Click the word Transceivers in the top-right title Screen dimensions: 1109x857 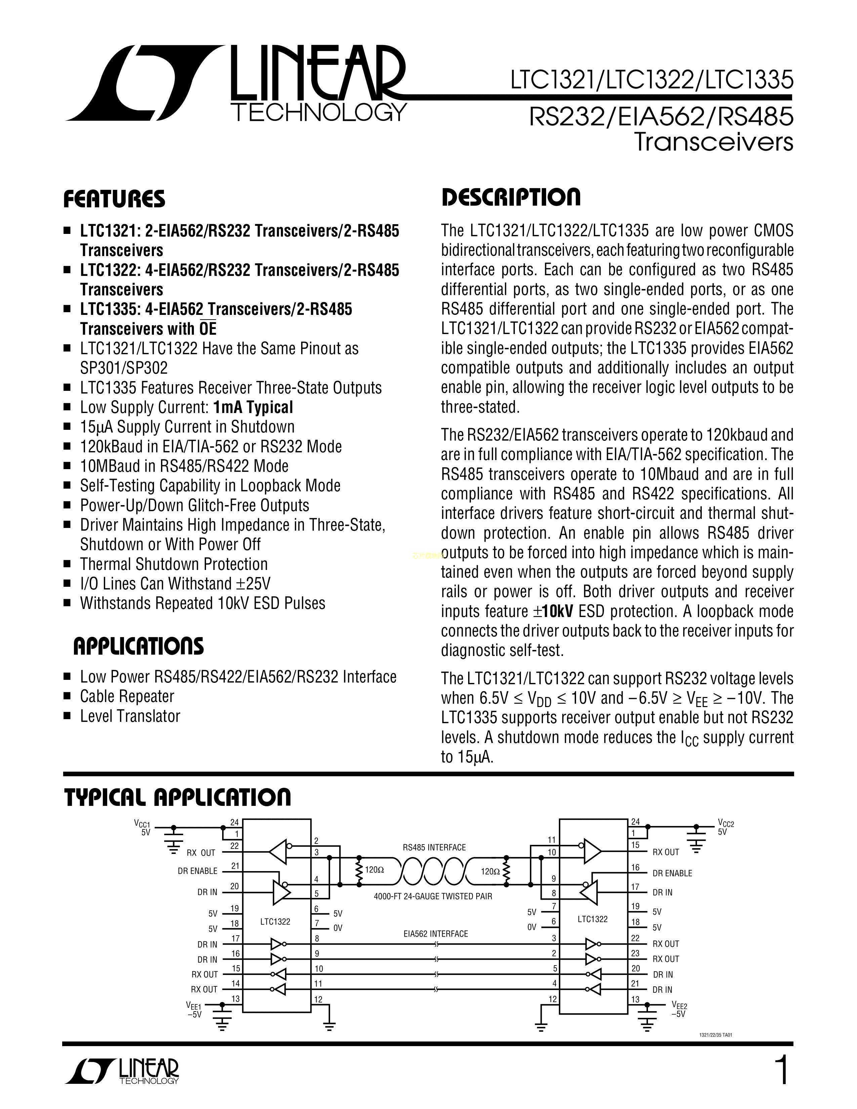click(x=713, y=142)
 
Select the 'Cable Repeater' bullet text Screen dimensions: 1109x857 click(x=127, y=696)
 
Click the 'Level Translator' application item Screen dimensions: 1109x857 click(x=130, y=716)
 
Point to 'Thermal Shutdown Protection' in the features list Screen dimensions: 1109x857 click(x=174, y=564)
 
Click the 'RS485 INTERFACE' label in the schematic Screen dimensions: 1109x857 click(x=434, y=848)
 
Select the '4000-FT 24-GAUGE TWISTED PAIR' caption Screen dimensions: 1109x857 click(x=433, y=896)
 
